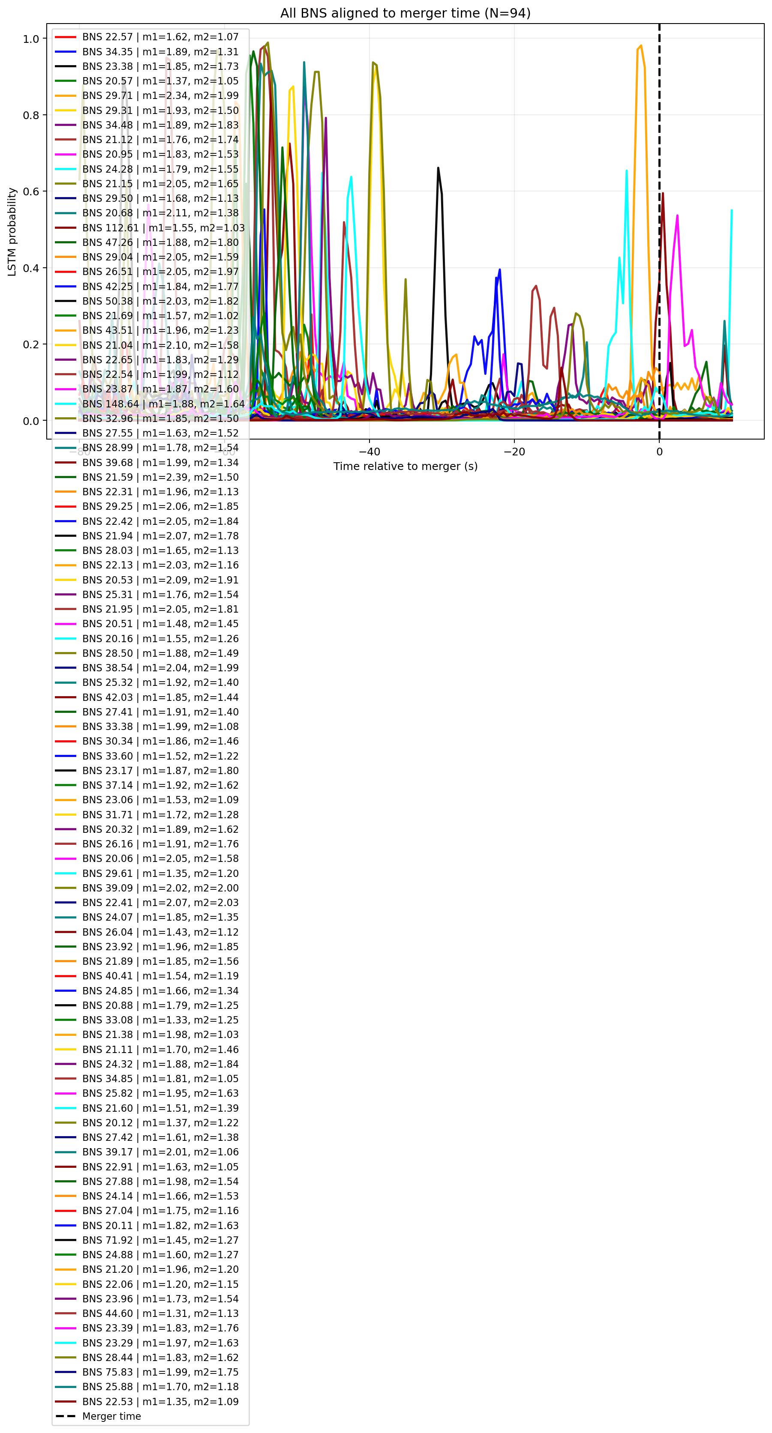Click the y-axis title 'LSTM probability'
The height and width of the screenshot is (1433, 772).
pos(12,231)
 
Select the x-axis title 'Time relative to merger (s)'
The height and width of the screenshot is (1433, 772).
pos(405,466)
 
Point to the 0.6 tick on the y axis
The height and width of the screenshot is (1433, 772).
pos(31,191)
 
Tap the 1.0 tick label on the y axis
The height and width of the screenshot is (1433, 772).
pos(31,39)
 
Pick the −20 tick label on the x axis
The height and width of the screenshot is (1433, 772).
pos(514,452)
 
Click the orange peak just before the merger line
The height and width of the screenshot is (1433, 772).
pos(641,46)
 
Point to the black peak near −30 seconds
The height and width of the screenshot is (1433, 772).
pos(438,168)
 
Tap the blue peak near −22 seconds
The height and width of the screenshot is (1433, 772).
pos(500,270)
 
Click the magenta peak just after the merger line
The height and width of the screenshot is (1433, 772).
pos(677,216)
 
